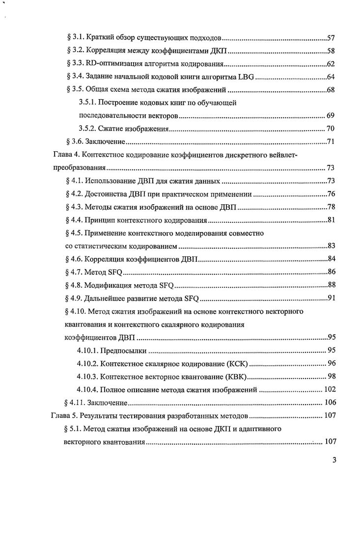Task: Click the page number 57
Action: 331,37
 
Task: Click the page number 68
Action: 331,90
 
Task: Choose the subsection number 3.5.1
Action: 88,103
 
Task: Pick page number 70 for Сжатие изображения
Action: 331,129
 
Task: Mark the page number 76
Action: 331,194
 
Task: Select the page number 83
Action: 331,246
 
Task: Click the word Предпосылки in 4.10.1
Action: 123,351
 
